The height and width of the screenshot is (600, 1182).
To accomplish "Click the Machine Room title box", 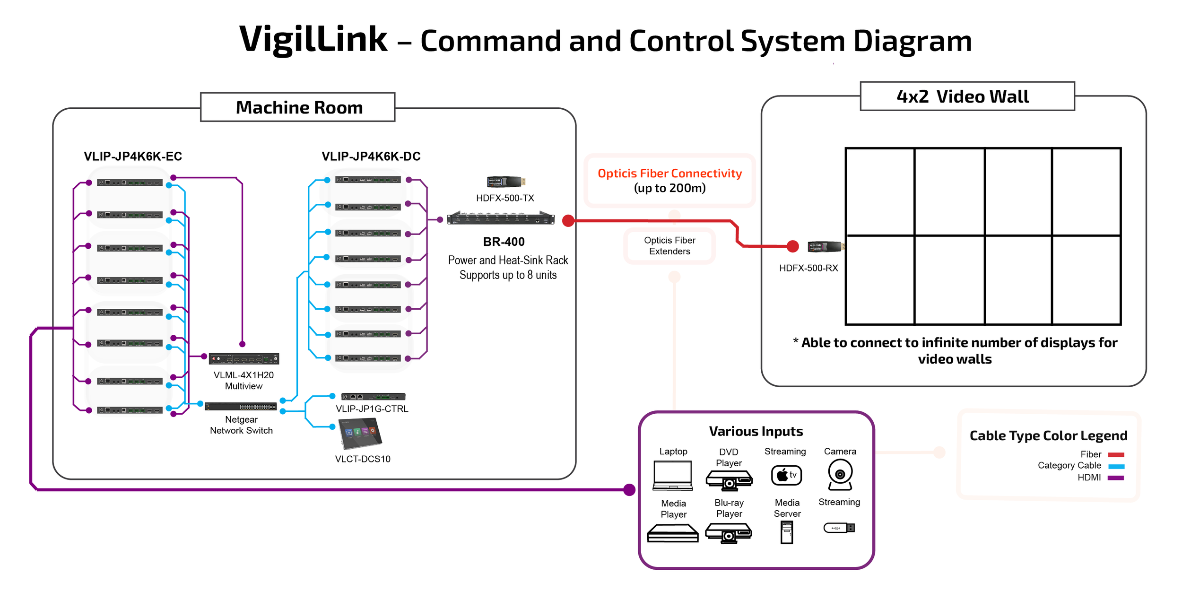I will pos(297,107).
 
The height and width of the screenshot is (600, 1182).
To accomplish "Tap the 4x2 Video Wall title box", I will pos(966,96).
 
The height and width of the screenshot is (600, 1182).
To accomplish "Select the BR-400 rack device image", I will pos(501,218).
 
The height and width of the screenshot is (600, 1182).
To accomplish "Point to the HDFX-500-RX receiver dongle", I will pos(826,246).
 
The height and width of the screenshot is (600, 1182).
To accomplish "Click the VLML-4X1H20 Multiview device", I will pos(244,359).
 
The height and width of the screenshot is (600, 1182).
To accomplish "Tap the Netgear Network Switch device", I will pos(241,406).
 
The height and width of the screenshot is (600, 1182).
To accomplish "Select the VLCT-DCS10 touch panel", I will pos(361,434).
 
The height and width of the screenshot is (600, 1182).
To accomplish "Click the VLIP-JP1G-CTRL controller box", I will pos(373,396).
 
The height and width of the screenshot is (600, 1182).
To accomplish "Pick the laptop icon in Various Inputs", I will pos(672,476).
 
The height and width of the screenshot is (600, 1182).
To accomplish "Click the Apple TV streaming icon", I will pos(786,475).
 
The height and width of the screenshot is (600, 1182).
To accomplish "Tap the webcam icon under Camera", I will pos(840,475).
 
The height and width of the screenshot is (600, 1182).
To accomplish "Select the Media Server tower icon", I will pos(786,532).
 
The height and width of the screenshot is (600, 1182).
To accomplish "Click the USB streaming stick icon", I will pos(839,528).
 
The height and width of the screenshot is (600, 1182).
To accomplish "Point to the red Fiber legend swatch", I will pos(1115,455).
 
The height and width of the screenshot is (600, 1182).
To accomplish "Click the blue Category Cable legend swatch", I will pos(1115,466).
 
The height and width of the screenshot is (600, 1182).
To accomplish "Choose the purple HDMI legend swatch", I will pos(1115,478).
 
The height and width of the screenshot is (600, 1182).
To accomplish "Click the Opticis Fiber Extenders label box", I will pos(669,246).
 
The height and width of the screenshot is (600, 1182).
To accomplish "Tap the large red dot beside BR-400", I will pos(568,220).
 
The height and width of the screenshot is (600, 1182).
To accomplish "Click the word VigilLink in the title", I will pos(313,39).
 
